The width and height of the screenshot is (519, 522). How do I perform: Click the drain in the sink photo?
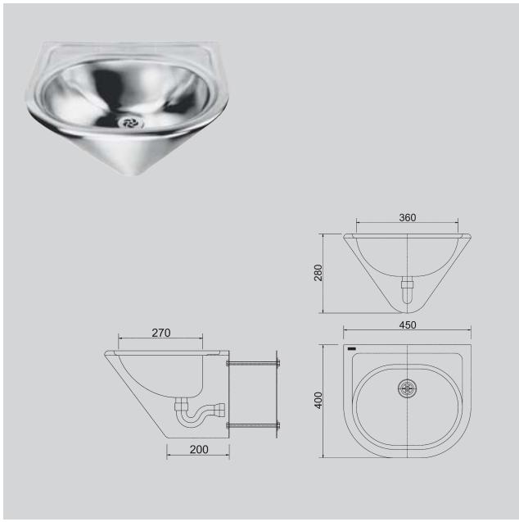130,122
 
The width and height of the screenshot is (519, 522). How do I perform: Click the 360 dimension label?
407,217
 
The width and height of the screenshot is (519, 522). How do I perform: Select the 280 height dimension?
318,273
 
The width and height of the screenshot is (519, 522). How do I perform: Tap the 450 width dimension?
407,325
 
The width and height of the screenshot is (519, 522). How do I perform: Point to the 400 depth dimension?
318,400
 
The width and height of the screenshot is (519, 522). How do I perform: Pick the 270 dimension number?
160,333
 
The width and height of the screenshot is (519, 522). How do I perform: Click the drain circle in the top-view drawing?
407,388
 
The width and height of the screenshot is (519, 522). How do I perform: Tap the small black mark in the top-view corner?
352,350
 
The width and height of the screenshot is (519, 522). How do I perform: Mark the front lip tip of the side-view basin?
107,354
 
